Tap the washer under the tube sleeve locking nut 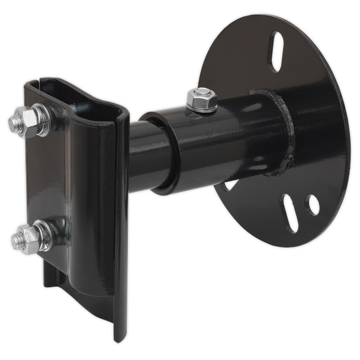[x=200, y=105]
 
